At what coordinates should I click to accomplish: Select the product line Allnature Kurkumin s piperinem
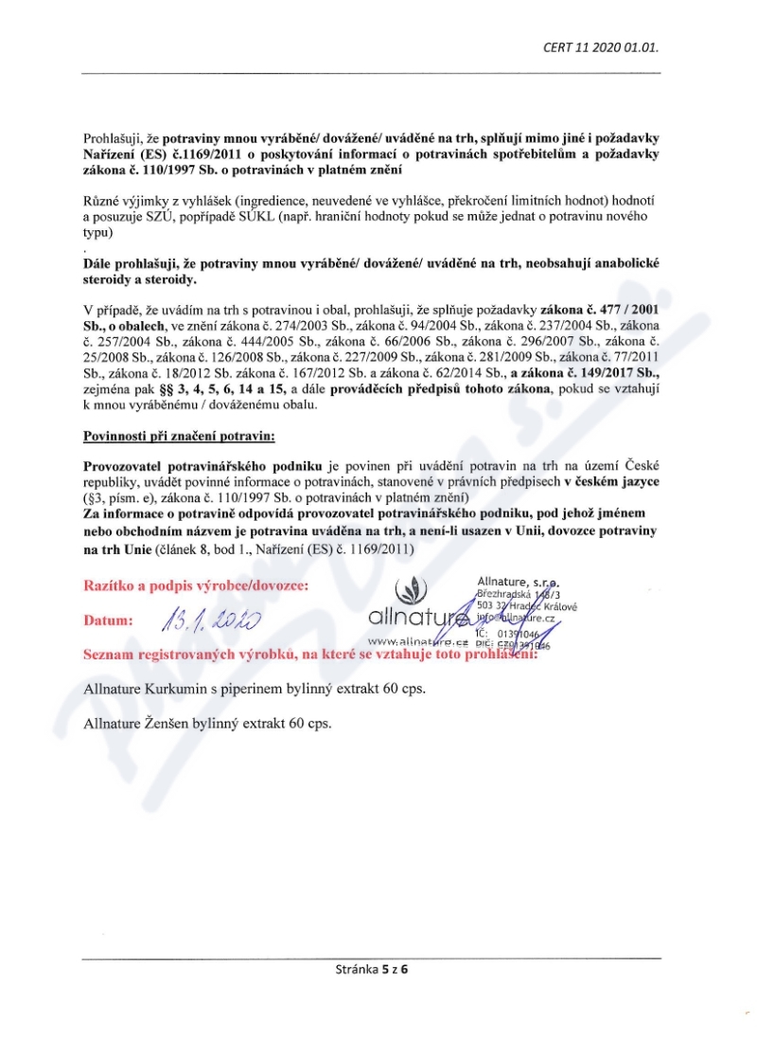tap(254, 689)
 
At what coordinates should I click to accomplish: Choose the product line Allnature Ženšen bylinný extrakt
tap(205, 723)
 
